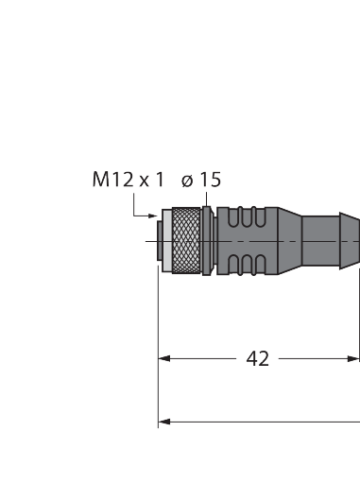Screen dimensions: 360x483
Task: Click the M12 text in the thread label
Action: (x=112, y=180)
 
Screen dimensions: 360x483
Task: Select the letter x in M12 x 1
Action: (x=144, y=182)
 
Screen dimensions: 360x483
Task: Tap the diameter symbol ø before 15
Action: (x=187, y=181)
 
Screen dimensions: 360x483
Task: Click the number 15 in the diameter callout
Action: (x=211, y=180)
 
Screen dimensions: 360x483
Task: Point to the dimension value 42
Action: (x=258, y=358)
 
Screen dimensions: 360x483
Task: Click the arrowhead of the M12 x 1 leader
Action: (x=153, y=216)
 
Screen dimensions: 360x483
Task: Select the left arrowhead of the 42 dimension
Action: (x=164, y=358)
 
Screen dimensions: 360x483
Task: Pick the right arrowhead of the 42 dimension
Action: (x=353, y=358)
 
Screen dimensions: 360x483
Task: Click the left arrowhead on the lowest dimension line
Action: (x=164, y=422)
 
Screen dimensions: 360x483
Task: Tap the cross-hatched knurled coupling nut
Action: (x=186, y=241)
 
